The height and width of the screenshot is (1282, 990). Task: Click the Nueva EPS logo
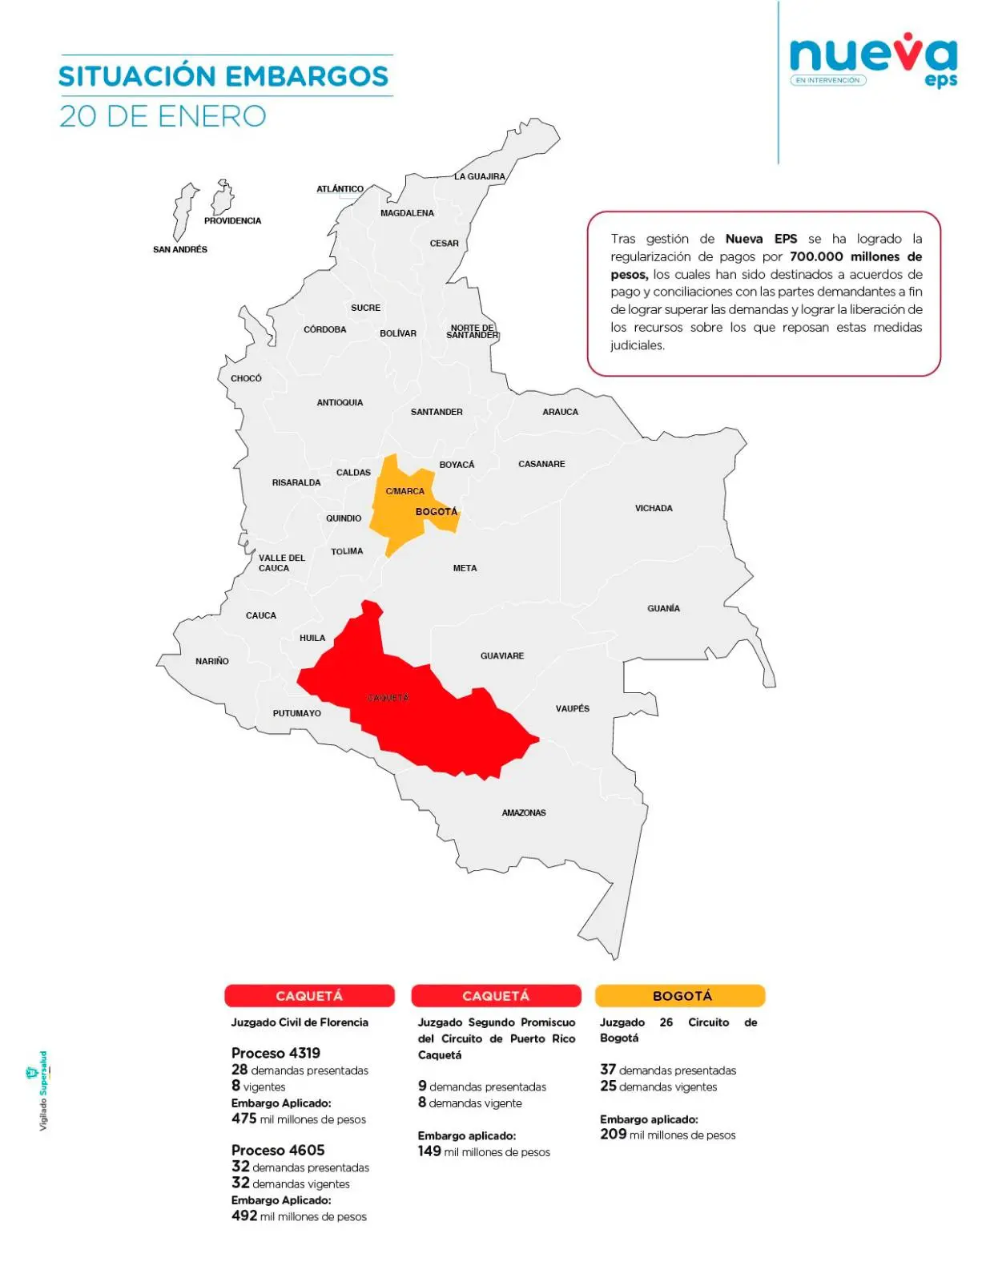tap(873, 60)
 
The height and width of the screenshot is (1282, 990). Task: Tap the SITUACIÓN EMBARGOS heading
tap(223, 76)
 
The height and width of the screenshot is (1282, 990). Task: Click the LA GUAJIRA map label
tap(480, 176)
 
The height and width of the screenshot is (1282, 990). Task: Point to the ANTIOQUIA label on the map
tap(340, 402)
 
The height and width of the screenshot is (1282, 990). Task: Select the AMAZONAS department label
tap(524, 812)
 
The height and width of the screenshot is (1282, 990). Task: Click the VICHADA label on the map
tap(654, 508)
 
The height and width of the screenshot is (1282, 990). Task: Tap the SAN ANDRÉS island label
tap(180, 249)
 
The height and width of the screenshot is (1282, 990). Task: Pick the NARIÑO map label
tap(212, 661)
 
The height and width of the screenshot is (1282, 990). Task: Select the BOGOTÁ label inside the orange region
tap(437, 511)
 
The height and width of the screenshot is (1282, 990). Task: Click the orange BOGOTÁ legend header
tap(680, 996)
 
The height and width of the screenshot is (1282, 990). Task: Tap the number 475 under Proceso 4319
tap(244, 1119)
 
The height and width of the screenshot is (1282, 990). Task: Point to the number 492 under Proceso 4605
tap(244, 1215)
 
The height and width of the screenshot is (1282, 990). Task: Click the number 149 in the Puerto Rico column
tap(429, 1151)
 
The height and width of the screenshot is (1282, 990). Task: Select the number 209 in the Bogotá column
tap(613, 1135)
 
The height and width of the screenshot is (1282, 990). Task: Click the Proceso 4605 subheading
tap(278, 1150)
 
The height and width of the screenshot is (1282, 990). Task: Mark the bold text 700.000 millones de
tap(855, 256)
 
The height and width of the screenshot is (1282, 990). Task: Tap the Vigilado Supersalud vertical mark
tap(42, 1091)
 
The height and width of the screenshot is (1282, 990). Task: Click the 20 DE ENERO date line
tap(163, 116)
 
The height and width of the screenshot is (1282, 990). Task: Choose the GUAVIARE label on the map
tap(502, 655)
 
